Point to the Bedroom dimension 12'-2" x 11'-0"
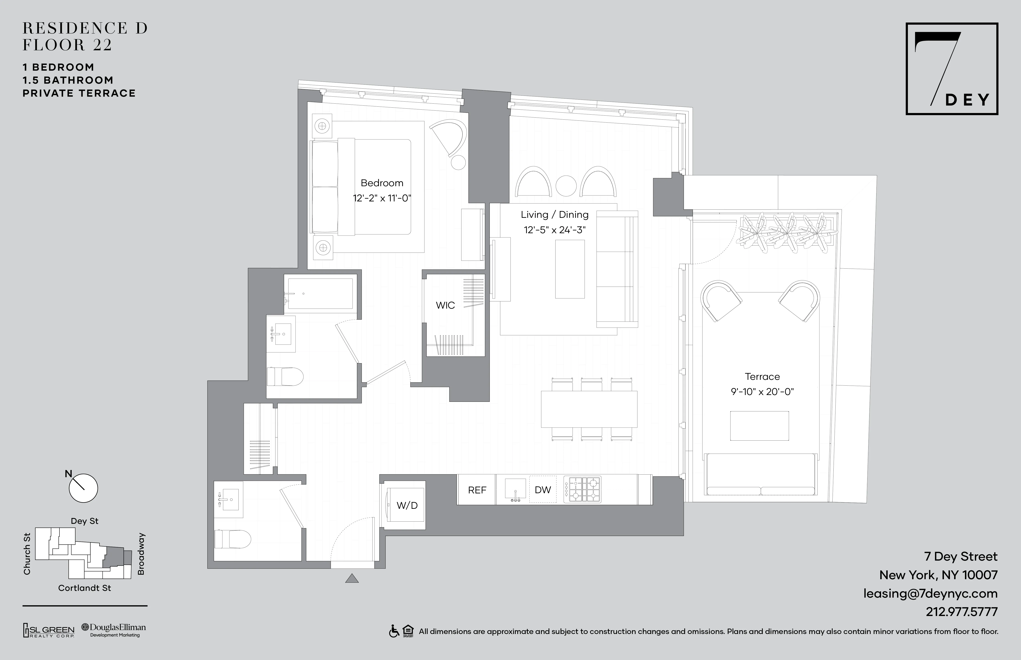(382, 198)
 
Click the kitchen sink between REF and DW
(515, 489)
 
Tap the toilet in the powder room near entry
(234, 539)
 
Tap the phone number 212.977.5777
(961, 612)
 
